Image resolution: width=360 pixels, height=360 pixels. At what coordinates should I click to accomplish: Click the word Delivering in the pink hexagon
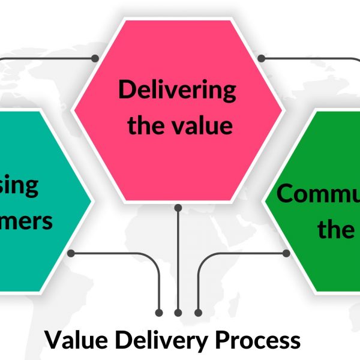[x=177, y=91]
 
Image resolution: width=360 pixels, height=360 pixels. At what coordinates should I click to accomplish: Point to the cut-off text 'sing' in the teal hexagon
[x=21, y=186]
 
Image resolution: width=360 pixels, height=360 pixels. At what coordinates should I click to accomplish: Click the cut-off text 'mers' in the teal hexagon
[x=27, y=221]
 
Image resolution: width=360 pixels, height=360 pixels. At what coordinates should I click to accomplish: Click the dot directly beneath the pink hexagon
[x=178, y=208]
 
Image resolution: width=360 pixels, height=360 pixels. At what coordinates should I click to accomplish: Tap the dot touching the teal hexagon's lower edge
[x=71, y=254]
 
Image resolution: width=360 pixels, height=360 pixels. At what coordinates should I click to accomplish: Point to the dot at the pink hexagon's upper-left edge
[x=95, y=58]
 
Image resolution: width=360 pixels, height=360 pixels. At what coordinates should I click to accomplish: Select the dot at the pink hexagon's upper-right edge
[x=262, y=58]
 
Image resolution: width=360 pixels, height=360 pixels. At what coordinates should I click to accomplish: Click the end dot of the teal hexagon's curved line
[x=159, y=313]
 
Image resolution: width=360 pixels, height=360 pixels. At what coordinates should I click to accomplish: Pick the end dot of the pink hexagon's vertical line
[x=178, y=313]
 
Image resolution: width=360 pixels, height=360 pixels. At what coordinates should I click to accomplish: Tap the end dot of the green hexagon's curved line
[x=198, y=313]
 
